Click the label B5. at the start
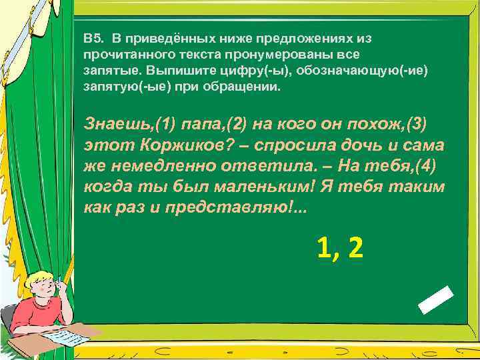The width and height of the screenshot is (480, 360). (93, 38)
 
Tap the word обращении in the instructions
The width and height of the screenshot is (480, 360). (247, 87)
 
